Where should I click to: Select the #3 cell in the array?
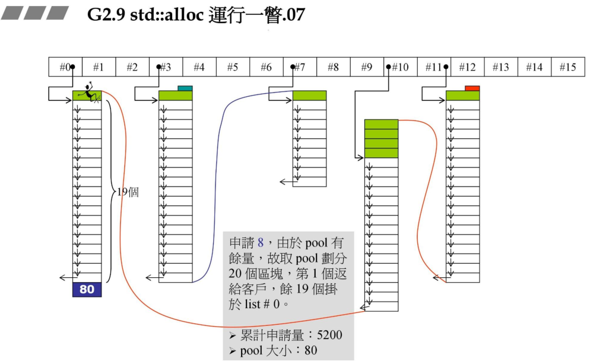166,67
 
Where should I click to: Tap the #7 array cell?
300,67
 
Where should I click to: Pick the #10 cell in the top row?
400,67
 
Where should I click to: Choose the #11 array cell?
434,67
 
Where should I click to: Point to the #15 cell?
567,67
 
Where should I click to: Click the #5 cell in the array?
233,67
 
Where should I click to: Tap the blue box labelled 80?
87,290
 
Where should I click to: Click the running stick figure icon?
90,93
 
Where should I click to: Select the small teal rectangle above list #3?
185,88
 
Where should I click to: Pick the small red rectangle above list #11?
472,88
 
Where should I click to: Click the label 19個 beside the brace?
128,192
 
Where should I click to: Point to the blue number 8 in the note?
260,243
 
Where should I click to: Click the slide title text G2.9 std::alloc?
196,15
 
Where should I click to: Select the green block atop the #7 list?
309,96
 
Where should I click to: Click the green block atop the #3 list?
176,96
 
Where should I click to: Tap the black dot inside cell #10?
388,67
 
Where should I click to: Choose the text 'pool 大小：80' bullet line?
278,350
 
